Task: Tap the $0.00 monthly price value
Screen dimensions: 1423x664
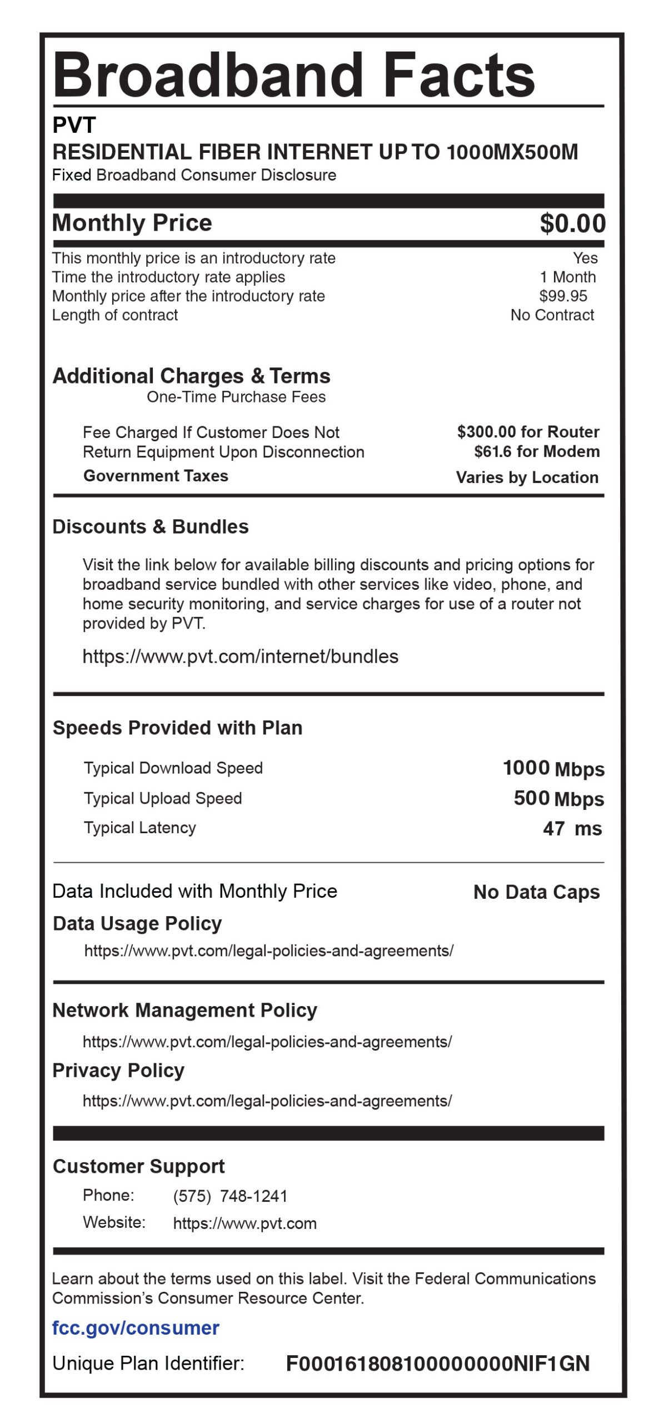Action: (572, 223)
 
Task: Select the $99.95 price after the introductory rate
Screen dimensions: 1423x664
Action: (563, 296)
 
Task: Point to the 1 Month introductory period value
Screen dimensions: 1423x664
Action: (567, 277)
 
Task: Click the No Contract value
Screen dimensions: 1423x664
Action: (552, 315)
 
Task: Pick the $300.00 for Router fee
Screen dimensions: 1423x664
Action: (528, 432)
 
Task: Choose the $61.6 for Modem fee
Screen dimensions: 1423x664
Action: (537, 451)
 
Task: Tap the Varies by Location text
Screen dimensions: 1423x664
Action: (527, 477)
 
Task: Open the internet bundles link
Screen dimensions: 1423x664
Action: (240, 656)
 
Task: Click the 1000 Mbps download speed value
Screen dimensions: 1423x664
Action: (553, 769)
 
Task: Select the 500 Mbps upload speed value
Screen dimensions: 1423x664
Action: (558, 799)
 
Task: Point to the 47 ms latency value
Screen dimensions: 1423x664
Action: (572, 829)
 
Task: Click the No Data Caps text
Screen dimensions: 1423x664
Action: (536, 892)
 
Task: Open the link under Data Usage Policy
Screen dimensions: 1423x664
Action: (269, 951)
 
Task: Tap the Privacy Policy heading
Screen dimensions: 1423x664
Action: (118, 1071)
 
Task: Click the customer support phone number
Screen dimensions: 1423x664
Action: (230, 1196)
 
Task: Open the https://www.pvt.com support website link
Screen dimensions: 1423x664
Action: (244, 1223)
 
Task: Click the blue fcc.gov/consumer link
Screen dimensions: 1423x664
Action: (136, 1328)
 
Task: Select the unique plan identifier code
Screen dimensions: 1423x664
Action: (437, 1364)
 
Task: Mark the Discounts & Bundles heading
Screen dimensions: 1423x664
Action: (151, 527)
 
